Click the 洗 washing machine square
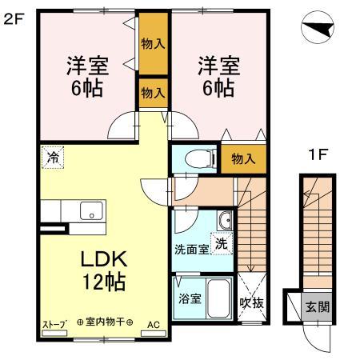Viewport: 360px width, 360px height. pos(221,242)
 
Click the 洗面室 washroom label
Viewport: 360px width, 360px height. pos(191,249)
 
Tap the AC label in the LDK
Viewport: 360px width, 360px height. pos(153,324)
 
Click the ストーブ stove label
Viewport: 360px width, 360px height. pos(54,324)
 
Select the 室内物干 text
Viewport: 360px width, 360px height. pos(105,324)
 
